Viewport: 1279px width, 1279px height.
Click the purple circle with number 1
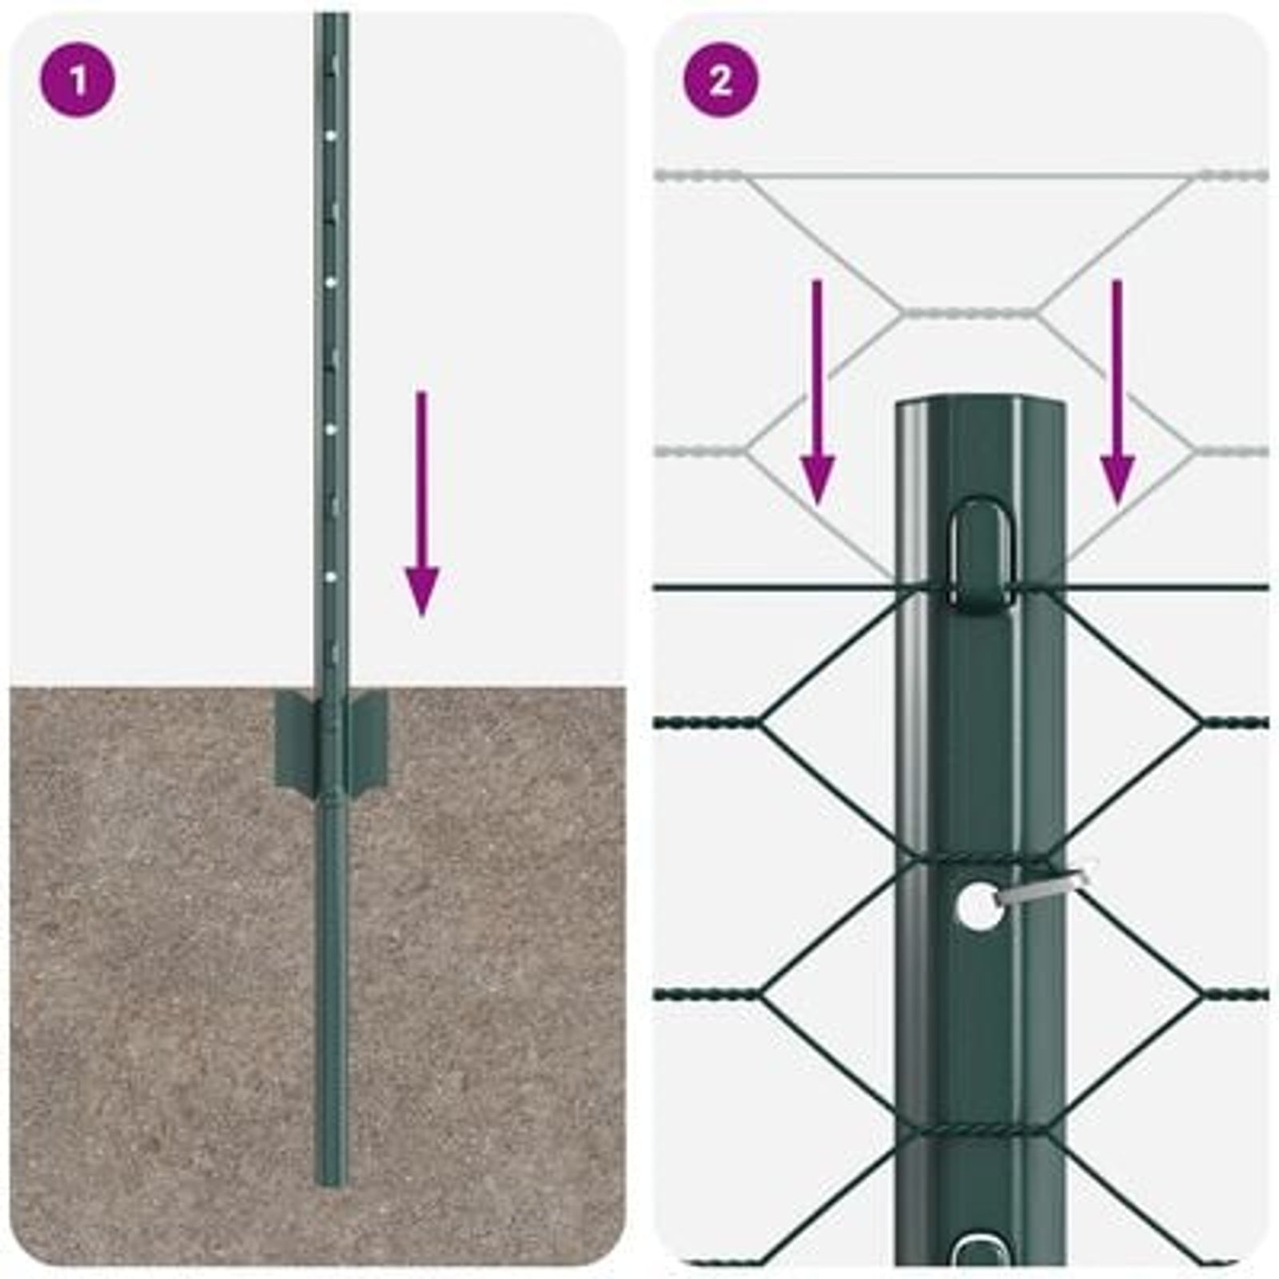tap(78, 80)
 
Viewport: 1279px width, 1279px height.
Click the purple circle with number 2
tap(720, 80)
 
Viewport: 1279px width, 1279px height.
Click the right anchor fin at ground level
tap(369, 735)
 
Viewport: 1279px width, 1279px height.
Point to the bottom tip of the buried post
tap(330, 1181)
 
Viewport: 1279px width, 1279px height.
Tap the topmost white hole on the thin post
tap(330, 137)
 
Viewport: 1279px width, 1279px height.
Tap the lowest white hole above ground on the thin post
tap(330, 575)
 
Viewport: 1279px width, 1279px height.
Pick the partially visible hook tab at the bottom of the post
tap(982, 1251)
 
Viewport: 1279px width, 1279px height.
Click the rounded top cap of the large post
tap(981, 408)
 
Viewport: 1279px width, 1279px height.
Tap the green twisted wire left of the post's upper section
tap(707, 723)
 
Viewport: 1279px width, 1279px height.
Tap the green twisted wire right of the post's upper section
tap(1235, 723)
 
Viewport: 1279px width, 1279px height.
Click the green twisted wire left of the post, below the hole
tap(707, 995)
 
